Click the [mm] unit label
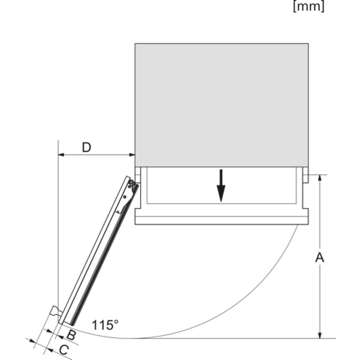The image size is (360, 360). point(309,6)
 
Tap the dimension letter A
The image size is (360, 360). point(320,257)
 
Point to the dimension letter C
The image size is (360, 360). point(64,350)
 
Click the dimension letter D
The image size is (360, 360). point(86,147)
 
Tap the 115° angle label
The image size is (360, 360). point(105,325)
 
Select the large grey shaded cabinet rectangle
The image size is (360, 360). point(221,105)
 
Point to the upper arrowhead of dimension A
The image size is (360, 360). point(320,178)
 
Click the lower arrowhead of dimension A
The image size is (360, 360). point(320,335)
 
